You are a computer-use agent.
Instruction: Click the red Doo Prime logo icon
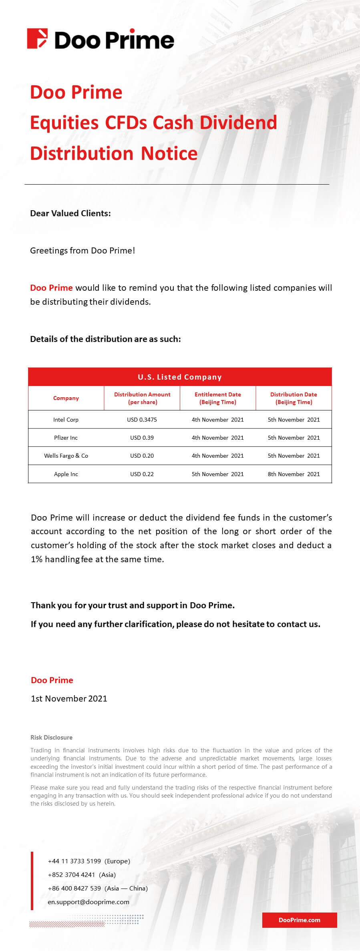pos(37,39)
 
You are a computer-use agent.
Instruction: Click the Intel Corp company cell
pos(66,420)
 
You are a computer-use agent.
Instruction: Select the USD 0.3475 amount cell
pos(142,420)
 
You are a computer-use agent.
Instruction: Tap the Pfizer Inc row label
pos(66,438)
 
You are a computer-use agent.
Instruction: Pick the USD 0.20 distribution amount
pos(142,456)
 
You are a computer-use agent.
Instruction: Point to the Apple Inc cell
pos(66,474)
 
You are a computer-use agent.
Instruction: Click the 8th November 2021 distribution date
pos(294,474)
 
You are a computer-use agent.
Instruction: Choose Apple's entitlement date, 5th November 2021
pos(217,474)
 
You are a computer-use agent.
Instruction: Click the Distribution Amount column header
pos(142,398)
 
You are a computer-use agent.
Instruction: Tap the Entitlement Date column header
pos(217,398)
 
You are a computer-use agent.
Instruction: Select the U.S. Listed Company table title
pos(180,377)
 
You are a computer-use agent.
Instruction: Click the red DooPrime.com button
pos(299,920)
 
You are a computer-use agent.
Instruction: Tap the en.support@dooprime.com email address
pos(88,902)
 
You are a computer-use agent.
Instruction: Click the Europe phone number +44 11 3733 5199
pos(74,861)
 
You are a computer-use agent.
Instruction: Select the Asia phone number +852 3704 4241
pos(71,875)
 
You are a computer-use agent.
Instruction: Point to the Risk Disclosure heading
pos(51,738)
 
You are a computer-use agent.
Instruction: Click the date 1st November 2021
pos(69,699)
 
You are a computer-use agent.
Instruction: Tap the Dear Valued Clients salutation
pos(70,213)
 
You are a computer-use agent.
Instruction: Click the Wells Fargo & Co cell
pos(66,456)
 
